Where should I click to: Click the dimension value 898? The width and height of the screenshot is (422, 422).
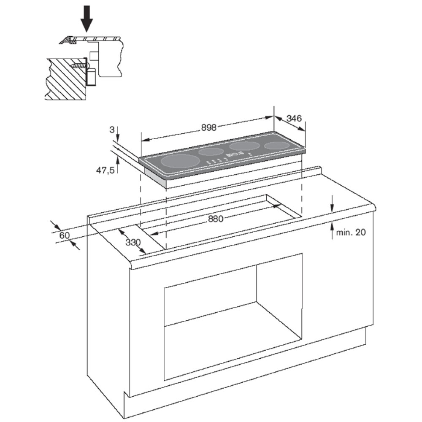pos(209,127)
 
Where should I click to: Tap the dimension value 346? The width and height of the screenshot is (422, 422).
pos(294,118)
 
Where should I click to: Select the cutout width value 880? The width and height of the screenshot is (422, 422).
pos(216,219)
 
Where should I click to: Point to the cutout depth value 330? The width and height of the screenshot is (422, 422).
pos(133,242)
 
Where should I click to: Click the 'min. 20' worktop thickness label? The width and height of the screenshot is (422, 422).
pos(351,232)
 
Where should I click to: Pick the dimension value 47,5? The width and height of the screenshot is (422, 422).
pos(105,170)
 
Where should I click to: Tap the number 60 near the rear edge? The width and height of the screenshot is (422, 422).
pos(65,235)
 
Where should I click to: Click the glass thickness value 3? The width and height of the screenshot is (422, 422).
pos(112,130)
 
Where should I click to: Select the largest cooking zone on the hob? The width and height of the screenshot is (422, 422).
pos(180,162)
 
